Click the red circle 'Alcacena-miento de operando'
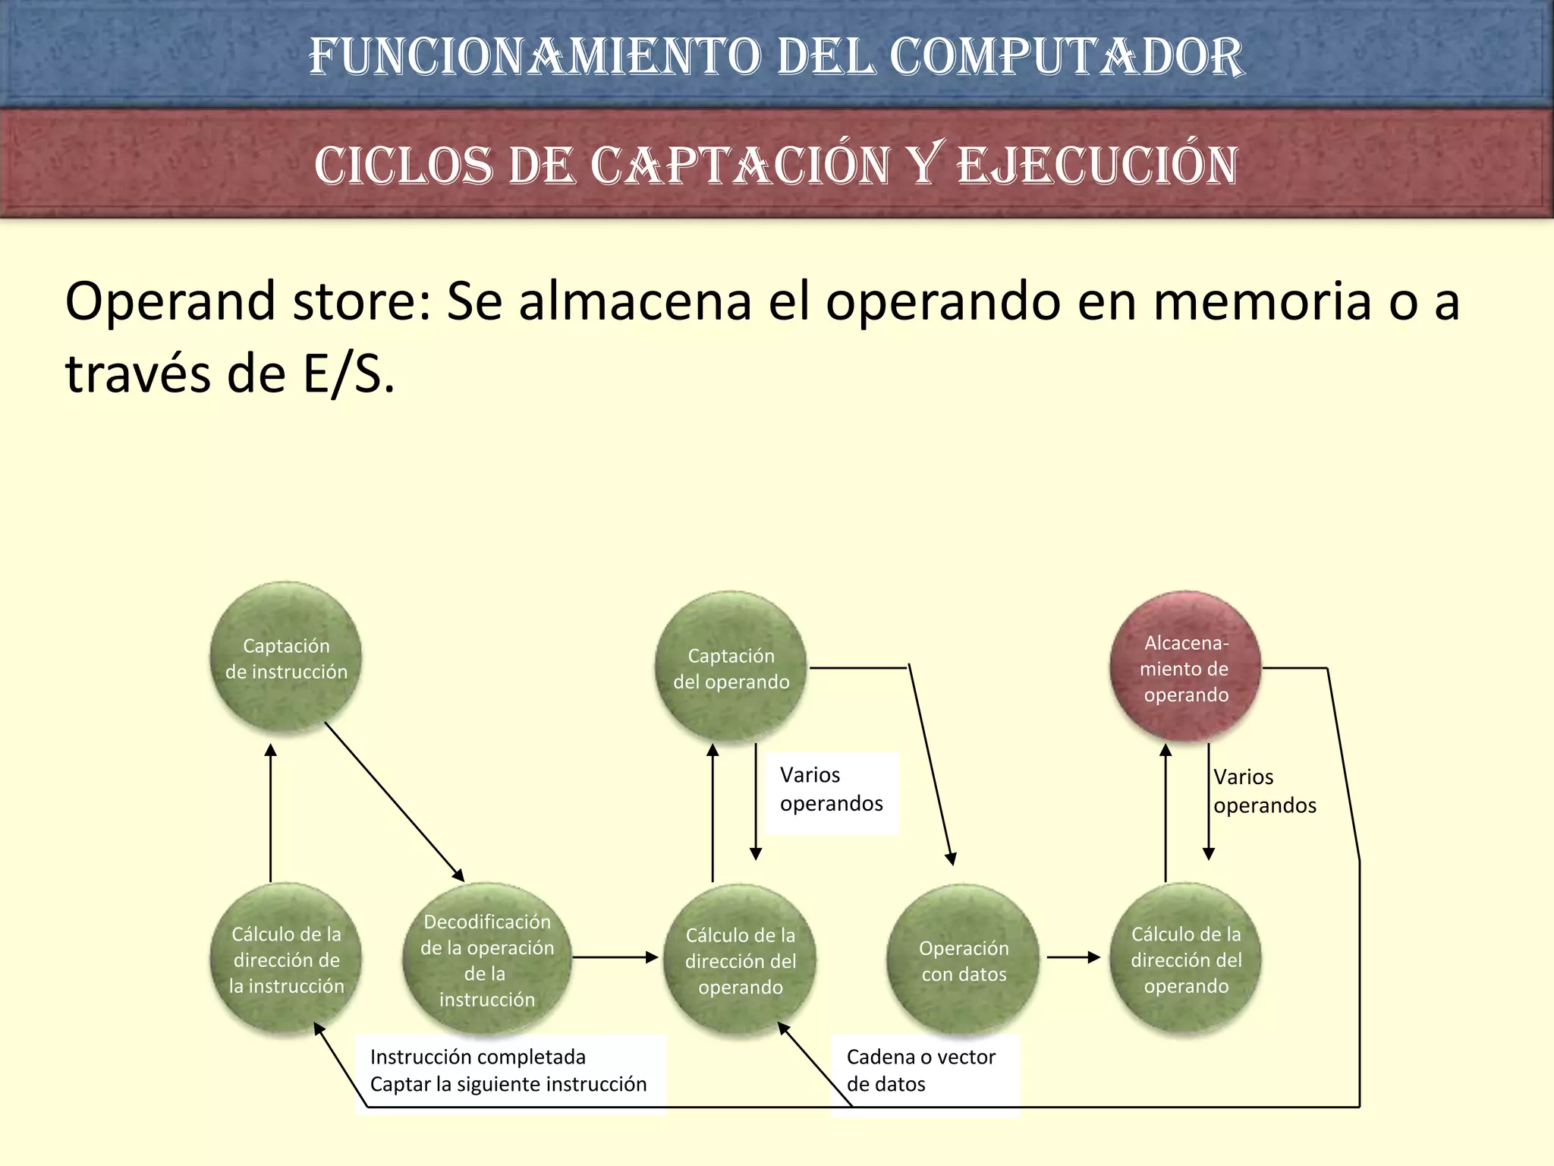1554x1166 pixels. [x=1185, y=667]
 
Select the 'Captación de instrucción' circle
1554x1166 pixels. [x=285, y=657]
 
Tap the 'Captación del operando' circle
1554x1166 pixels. [x=731, y=667]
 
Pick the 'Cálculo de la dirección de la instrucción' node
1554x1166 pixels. [x=286, y=960]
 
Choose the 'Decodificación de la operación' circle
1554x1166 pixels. [x=486, y=960]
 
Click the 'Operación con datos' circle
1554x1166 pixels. [x=963, y=960]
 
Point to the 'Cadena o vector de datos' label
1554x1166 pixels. [x=921, y=1070]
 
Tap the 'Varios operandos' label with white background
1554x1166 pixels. [x=831, y=789]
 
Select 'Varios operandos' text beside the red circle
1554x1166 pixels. [x=1264, y=791]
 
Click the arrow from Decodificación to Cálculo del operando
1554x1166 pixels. [x=615, y=957]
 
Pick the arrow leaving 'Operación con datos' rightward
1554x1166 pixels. [x=1073, y=957]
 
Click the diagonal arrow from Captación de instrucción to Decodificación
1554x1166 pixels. [x=394, y=801]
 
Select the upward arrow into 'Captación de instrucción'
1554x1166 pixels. [x=271, y=812]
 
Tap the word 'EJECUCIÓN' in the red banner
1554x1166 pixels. [x=1097, y=165]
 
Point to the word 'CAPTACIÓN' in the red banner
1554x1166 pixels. [x=740, y=165]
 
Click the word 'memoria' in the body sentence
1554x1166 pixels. [x=1262, y=301]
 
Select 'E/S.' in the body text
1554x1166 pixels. [x=349, y=374]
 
